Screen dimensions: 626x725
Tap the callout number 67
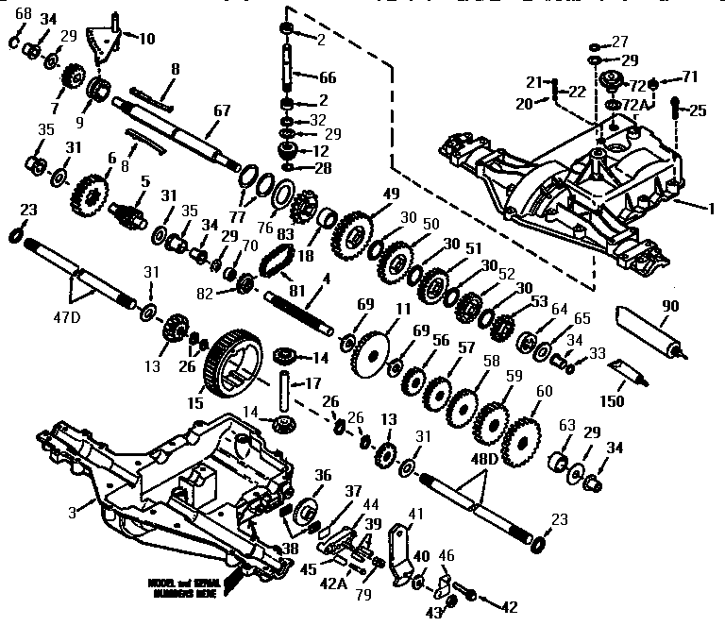221,110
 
